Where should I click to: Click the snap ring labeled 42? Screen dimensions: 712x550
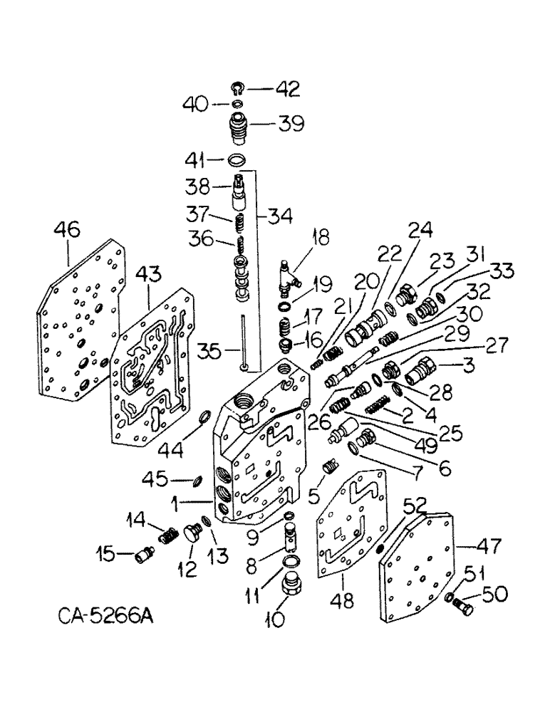coord(239,89)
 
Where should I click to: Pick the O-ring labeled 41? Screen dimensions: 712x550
coord(239,159)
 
